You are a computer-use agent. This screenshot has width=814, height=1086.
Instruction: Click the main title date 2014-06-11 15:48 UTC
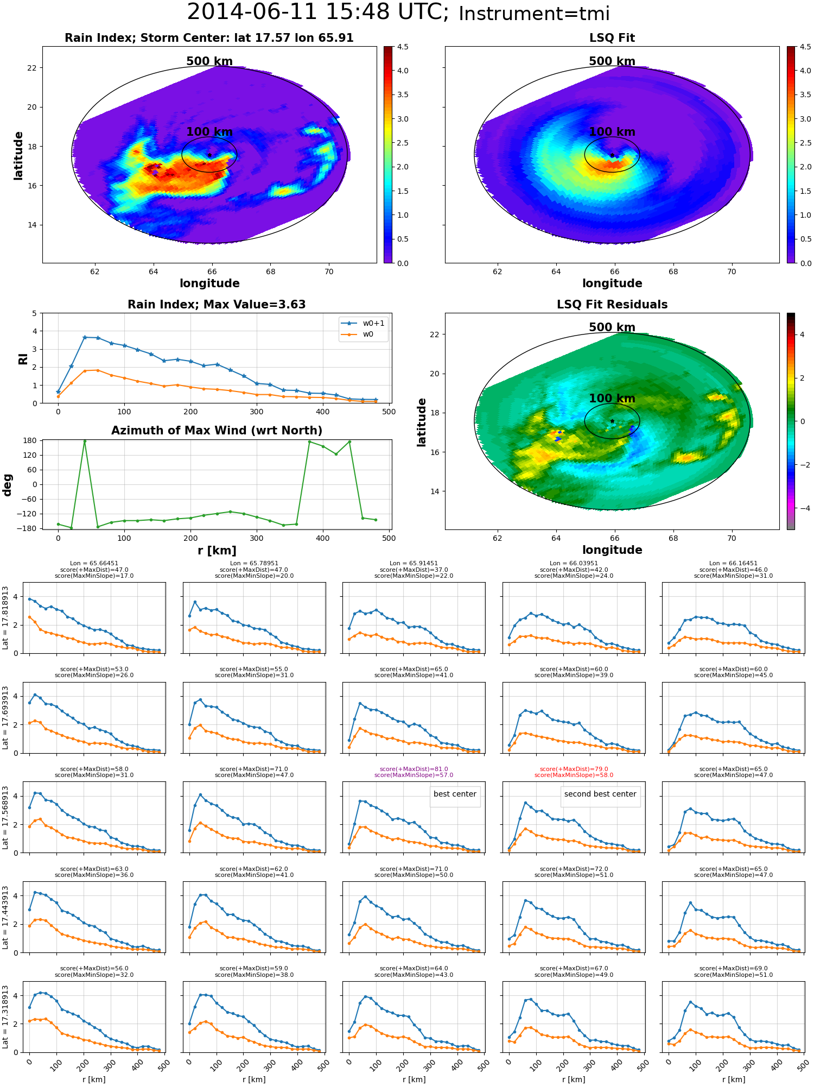tap(317, 12)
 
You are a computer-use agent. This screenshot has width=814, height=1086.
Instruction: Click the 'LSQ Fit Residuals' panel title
tap(612, 305)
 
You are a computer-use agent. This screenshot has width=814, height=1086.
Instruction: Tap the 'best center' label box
tap(455, 794)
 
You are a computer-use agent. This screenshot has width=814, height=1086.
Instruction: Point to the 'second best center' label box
tap(600, 794)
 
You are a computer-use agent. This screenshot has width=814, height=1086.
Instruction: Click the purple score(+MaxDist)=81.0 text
tap(414, 769)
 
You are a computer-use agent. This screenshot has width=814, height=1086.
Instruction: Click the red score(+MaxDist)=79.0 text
tap(574, 769)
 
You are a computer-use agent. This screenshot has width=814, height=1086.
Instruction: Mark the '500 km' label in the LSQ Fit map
tap(612, 61)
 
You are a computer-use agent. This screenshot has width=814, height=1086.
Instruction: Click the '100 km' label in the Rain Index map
tap(209, 132)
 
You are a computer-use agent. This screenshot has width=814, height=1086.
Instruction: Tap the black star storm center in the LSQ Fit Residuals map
tap(612, 421)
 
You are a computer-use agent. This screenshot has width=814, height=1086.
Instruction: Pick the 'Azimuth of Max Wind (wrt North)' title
tap(217, 431)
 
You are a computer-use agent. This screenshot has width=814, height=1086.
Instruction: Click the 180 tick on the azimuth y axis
tap(30, 441)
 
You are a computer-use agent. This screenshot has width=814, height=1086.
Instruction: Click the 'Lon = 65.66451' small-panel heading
tap(94, 564)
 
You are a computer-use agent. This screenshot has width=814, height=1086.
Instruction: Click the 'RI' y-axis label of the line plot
tap(23, 358)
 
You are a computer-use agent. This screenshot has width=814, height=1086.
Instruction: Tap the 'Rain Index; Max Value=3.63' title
tap(217, 305)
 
